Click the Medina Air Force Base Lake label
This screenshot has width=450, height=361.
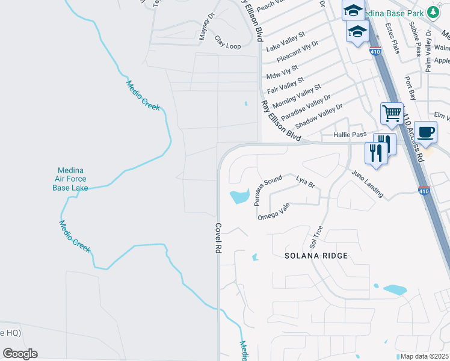[70, 179]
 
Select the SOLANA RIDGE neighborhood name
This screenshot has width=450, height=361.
[316, 256]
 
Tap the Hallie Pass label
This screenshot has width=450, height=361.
[350, 136]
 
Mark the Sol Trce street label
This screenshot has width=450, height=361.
[316, 237]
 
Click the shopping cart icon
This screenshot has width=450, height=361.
[392, 113]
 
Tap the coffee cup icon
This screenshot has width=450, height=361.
[425, 132]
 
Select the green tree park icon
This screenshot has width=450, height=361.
[433, 13]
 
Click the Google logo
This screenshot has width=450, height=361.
[20, 354]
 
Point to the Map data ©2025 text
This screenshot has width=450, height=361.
[424, 356]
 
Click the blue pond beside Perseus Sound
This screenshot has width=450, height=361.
[239, 196]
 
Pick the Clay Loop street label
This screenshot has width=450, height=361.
[227, 42]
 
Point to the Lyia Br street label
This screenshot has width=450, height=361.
[306, 182]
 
